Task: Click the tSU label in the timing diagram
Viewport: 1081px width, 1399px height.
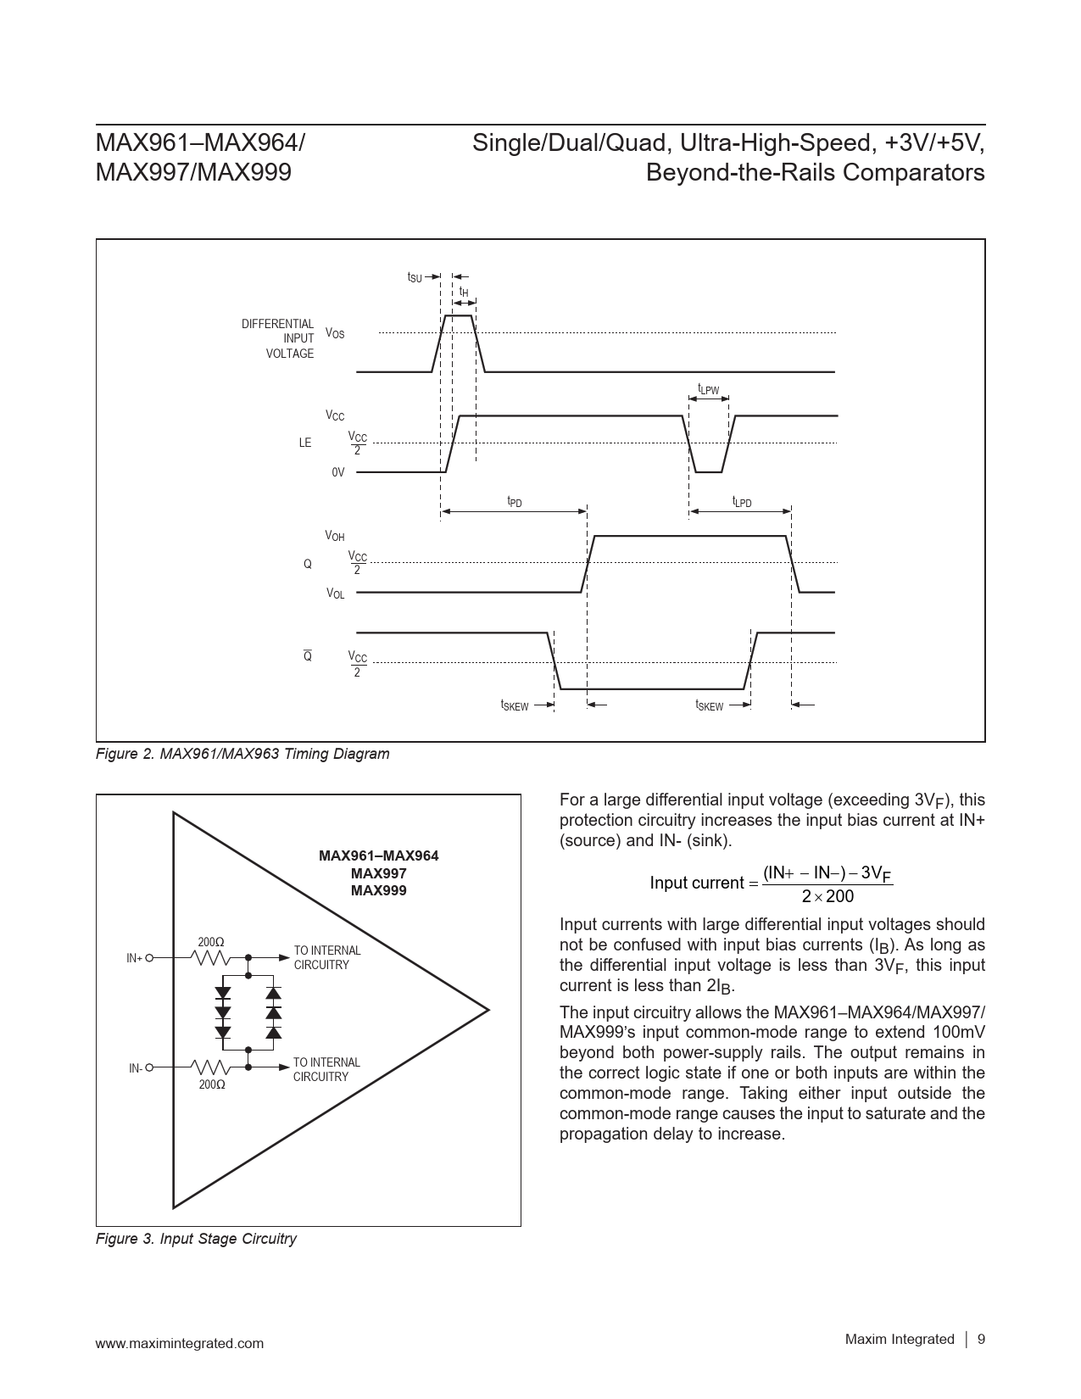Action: point(415,277)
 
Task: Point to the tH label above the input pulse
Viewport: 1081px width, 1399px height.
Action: point(464,293)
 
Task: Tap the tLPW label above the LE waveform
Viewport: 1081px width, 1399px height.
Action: point(708,389)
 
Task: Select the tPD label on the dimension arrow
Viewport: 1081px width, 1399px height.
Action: point(515,502)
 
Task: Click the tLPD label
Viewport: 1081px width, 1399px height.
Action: point(742,502)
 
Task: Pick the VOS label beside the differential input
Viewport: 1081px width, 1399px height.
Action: point(335,334)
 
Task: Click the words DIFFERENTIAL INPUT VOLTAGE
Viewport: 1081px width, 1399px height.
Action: point(278,339)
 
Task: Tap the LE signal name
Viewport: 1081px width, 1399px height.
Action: point(305,443)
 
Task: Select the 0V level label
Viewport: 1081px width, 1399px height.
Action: point(338,472)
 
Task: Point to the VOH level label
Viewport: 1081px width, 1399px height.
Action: point(335,537)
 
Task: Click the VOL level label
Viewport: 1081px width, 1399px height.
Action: point(336,594)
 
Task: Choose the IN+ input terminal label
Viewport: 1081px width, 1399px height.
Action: point(134,958)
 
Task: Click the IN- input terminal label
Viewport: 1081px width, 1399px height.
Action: point(136,1069)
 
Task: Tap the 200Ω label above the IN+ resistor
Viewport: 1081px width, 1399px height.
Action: point(211,942)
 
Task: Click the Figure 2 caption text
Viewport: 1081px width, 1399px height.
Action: point(242,754)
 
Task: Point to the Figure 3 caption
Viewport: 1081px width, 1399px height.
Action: point(196,1239)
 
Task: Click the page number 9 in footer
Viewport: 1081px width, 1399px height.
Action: point(981,1340)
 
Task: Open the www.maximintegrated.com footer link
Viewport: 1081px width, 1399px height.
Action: point(180,1343)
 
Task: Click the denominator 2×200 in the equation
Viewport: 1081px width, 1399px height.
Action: point(827,896)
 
